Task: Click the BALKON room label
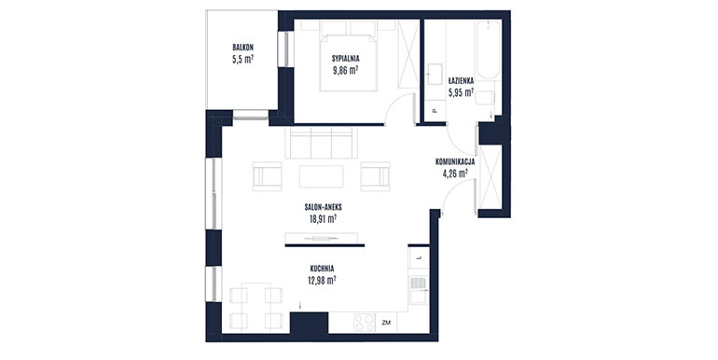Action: (242, 48)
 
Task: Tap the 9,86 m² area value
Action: (345, 70)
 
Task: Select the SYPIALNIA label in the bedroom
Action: (346, 59)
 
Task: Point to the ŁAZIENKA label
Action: (461, 80)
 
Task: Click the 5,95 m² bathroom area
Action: (461, 92)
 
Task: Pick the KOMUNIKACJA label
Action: (455, 161)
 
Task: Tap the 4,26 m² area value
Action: (455, 173)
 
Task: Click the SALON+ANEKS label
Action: (323, 207)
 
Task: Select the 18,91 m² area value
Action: (323, 219)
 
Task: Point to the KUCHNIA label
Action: (322, 269)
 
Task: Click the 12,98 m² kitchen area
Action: (322, 281)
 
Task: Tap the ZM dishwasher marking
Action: (385, 323)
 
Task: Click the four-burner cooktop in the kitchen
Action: (365, 323)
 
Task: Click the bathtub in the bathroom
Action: (488, 50)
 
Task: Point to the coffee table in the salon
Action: (321, 176)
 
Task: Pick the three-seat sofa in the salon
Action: (321, 144)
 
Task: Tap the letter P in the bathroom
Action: (435, 111)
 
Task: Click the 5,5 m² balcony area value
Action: (242, 59)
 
